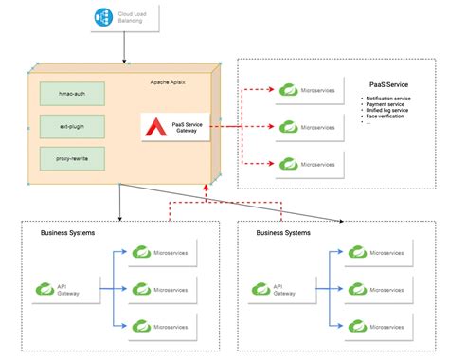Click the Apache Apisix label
pyautogui.click(x=171, y=82)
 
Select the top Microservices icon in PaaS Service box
pyautogui.click(x=287, y=90)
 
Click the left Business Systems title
pyautogui.click(x=68, y=232)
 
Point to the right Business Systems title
pyautogui.click(x=284, y=232)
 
